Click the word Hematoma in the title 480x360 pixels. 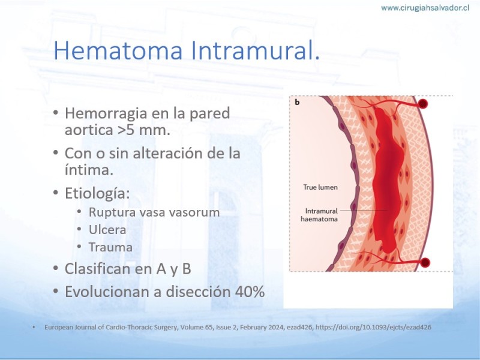tap(118, 50)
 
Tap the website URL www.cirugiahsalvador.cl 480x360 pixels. tap(425, 8)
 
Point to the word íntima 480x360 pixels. tap(89, 170)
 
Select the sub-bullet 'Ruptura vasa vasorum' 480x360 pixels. tap(154, 212)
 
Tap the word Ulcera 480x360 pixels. tap(107, 230)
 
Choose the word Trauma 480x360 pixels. tap(110, 247)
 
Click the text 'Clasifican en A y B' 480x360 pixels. tap(128, 269)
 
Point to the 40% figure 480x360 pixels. tap(250, 292)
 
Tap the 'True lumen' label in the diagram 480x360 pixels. tap(320, 187)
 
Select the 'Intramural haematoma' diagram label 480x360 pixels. tap(319, 215)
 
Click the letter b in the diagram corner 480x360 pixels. tap(297, 102)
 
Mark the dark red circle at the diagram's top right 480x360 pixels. tap(423, 104)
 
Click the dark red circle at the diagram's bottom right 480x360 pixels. tap(425, 262)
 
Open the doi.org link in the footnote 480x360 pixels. tap(373, 327)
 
